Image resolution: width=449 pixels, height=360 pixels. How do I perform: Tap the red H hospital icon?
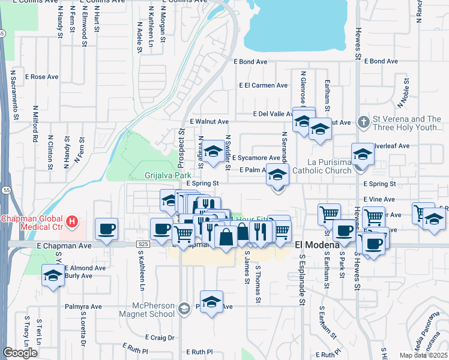coord(72,222)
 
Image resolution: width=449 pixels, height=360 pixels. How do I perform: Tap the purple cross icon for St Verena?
coord(363,122)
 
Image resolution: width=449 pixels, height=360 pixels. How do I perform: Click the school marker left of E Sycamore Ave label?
coord(212,153)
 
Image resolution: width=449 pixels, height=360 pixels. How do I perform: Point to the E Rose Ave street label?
coord(41,77)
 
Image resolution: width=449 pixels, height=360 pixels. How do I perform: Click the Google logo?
coord(20,353)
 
